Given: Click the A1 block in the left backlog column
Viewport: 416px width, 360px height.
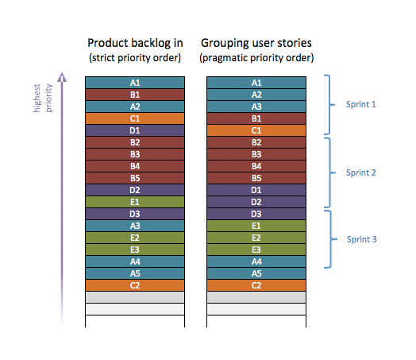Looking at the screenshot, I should coord(135,82).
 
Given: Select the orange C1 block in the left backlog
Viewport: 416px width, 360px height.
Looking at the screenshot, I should coord(135,118).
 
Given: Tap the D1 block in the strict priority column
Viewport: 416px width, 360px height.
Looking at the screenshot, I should coord(135,130).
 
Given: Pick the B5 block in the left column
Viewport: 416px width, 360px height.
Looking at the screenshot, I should coord(135,177).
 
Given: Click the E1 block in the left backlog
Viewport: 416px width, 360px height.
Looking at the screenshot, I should coord(135,201).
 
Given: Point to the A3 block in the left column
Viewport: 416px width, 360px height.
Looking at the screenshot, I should coord(135,225).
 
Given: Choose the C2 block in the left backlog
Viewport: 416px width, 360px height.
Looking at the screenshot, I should coord(135,285).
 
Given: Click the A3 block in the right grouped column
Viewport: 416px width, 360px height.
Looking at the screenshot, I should coord(256,106).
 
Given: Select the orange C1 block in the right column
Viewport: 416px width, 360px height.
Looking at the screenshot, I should coord(256,130).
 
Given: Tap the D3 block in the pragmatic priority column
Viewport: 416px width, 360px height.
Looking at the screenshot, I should coord(256,213).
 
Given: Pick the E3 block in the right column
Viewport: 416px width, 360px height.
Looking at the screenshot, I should coord(256,249).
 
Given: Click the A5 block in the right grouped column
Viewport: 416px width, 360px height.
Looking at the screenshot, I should coord(256,273).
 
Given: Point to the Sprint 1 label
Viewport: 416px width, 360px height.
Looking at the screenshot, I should coord(362,104).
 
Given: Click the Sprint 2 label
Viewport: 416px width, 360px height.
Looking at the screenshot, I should coord(362,172).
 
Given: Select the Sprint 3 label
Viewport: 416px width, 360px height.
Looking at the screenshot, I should coord(362,238).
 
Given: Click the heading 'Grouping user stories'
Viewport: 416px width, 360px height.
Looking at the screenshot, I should coord(256,42).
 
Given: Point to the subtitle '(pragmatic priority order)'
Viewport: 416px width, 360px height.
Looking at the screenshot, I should coord(256,57).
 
